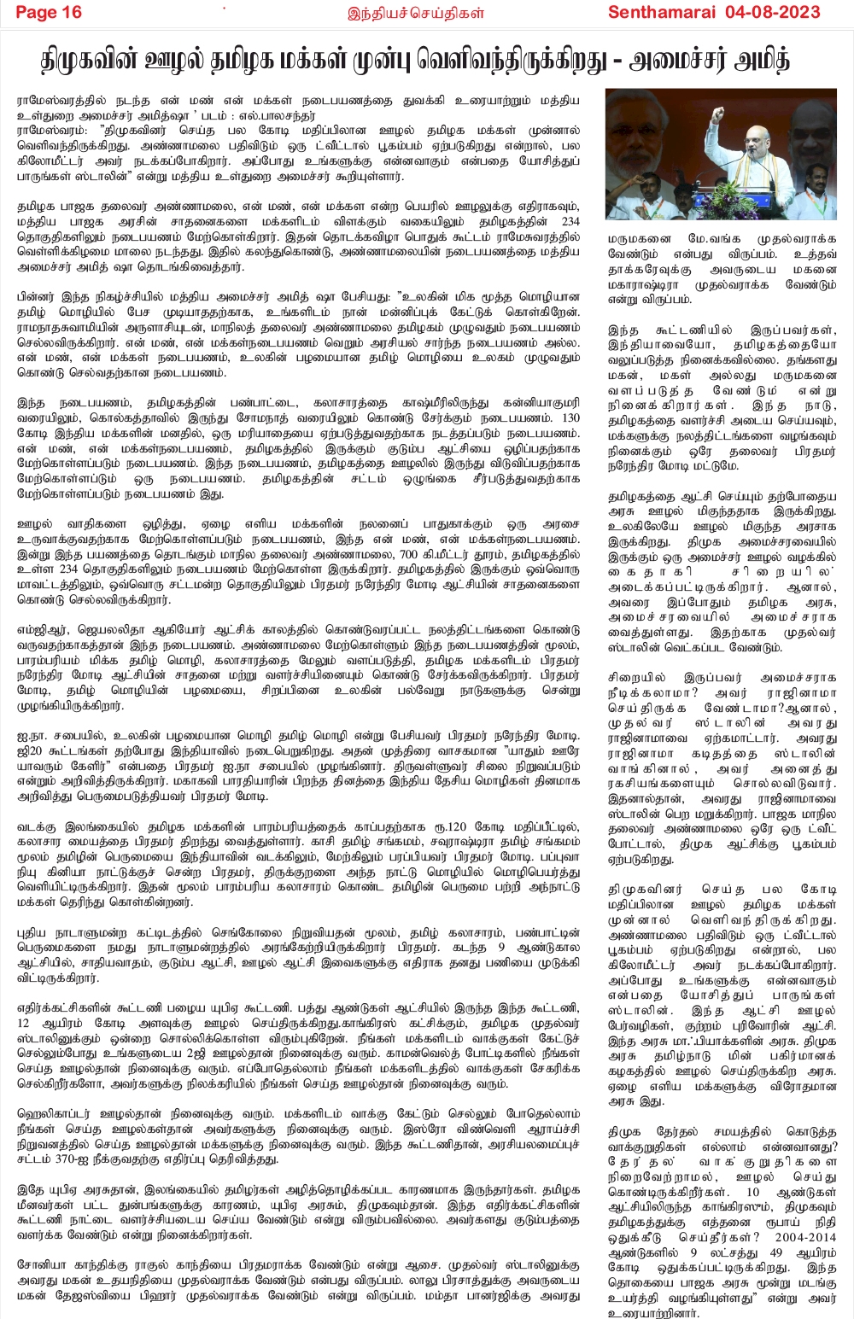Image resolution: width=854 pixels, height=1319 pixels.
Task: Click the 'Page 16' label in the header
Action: tap(49, 12)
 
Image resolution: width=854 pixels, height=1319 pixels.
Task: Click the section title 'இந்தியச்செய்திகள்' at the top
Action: tap(416, 13)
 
